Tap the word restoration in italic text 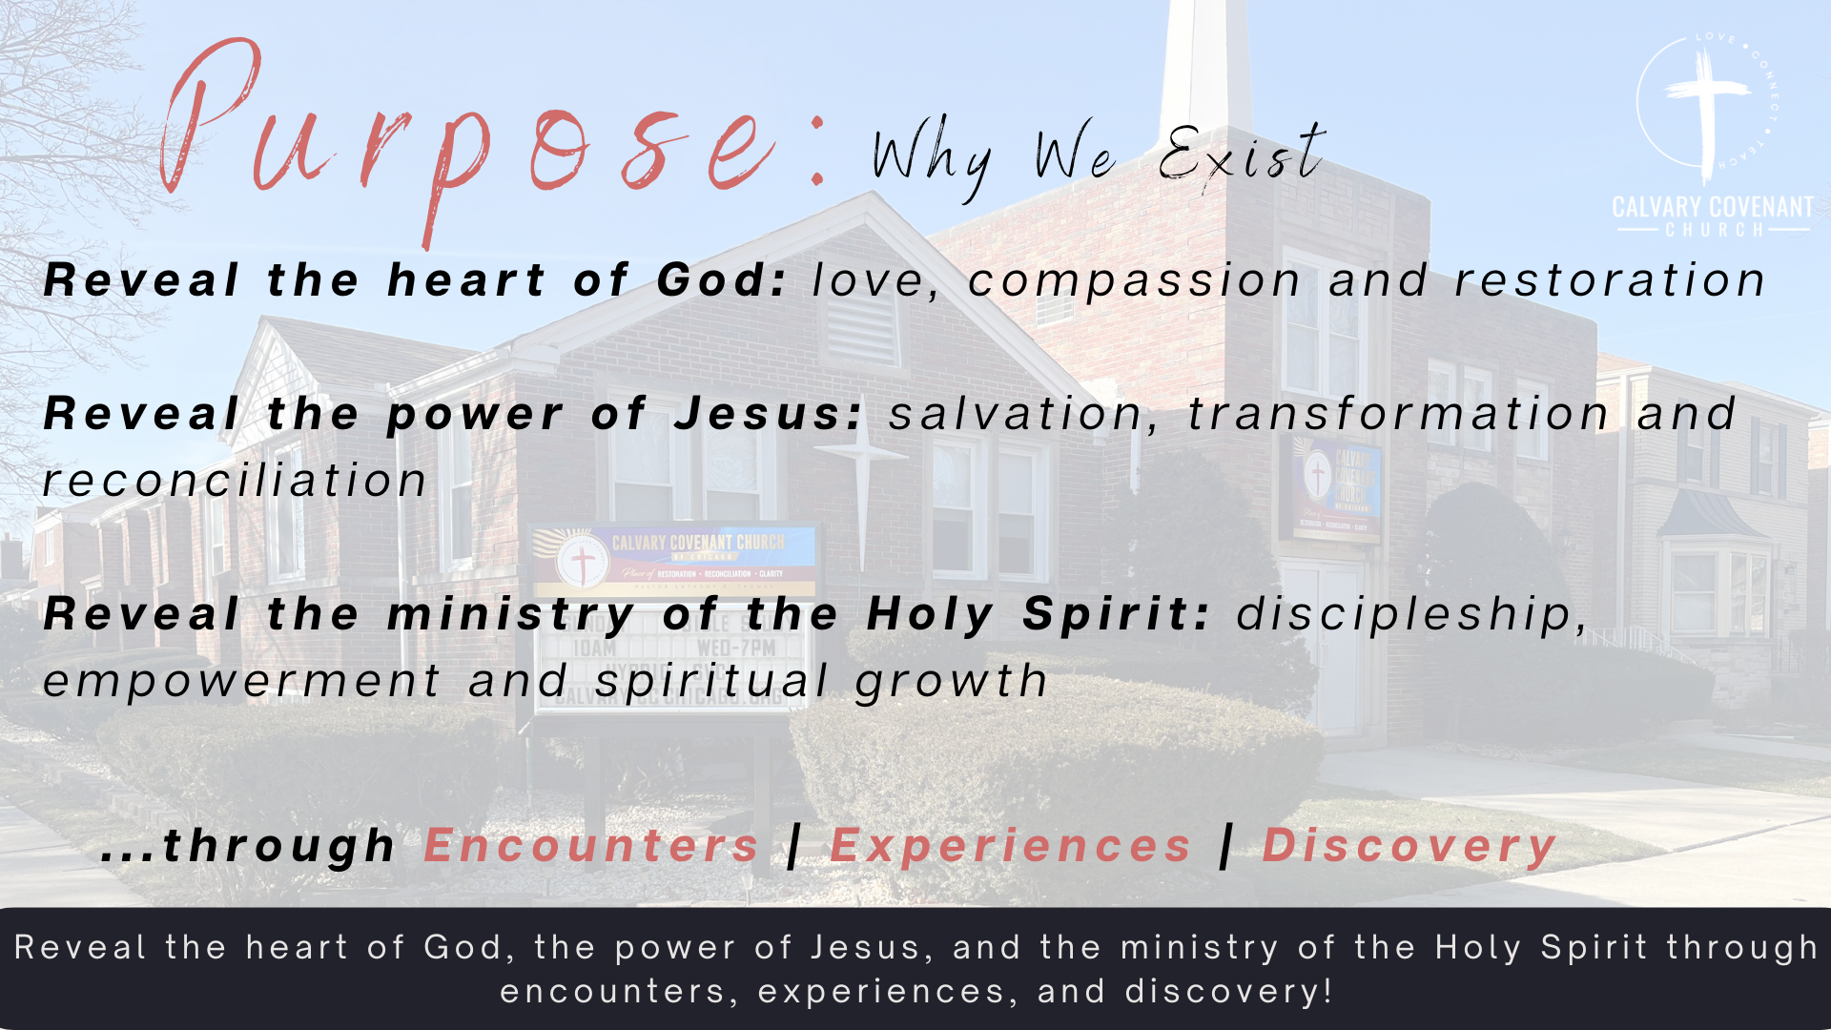[1611, 280]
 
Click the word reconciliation [235, 480]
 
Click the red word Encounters [591, 846]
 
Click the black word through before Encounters [278, 847]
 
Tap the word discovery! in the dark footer [1228, 992]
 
